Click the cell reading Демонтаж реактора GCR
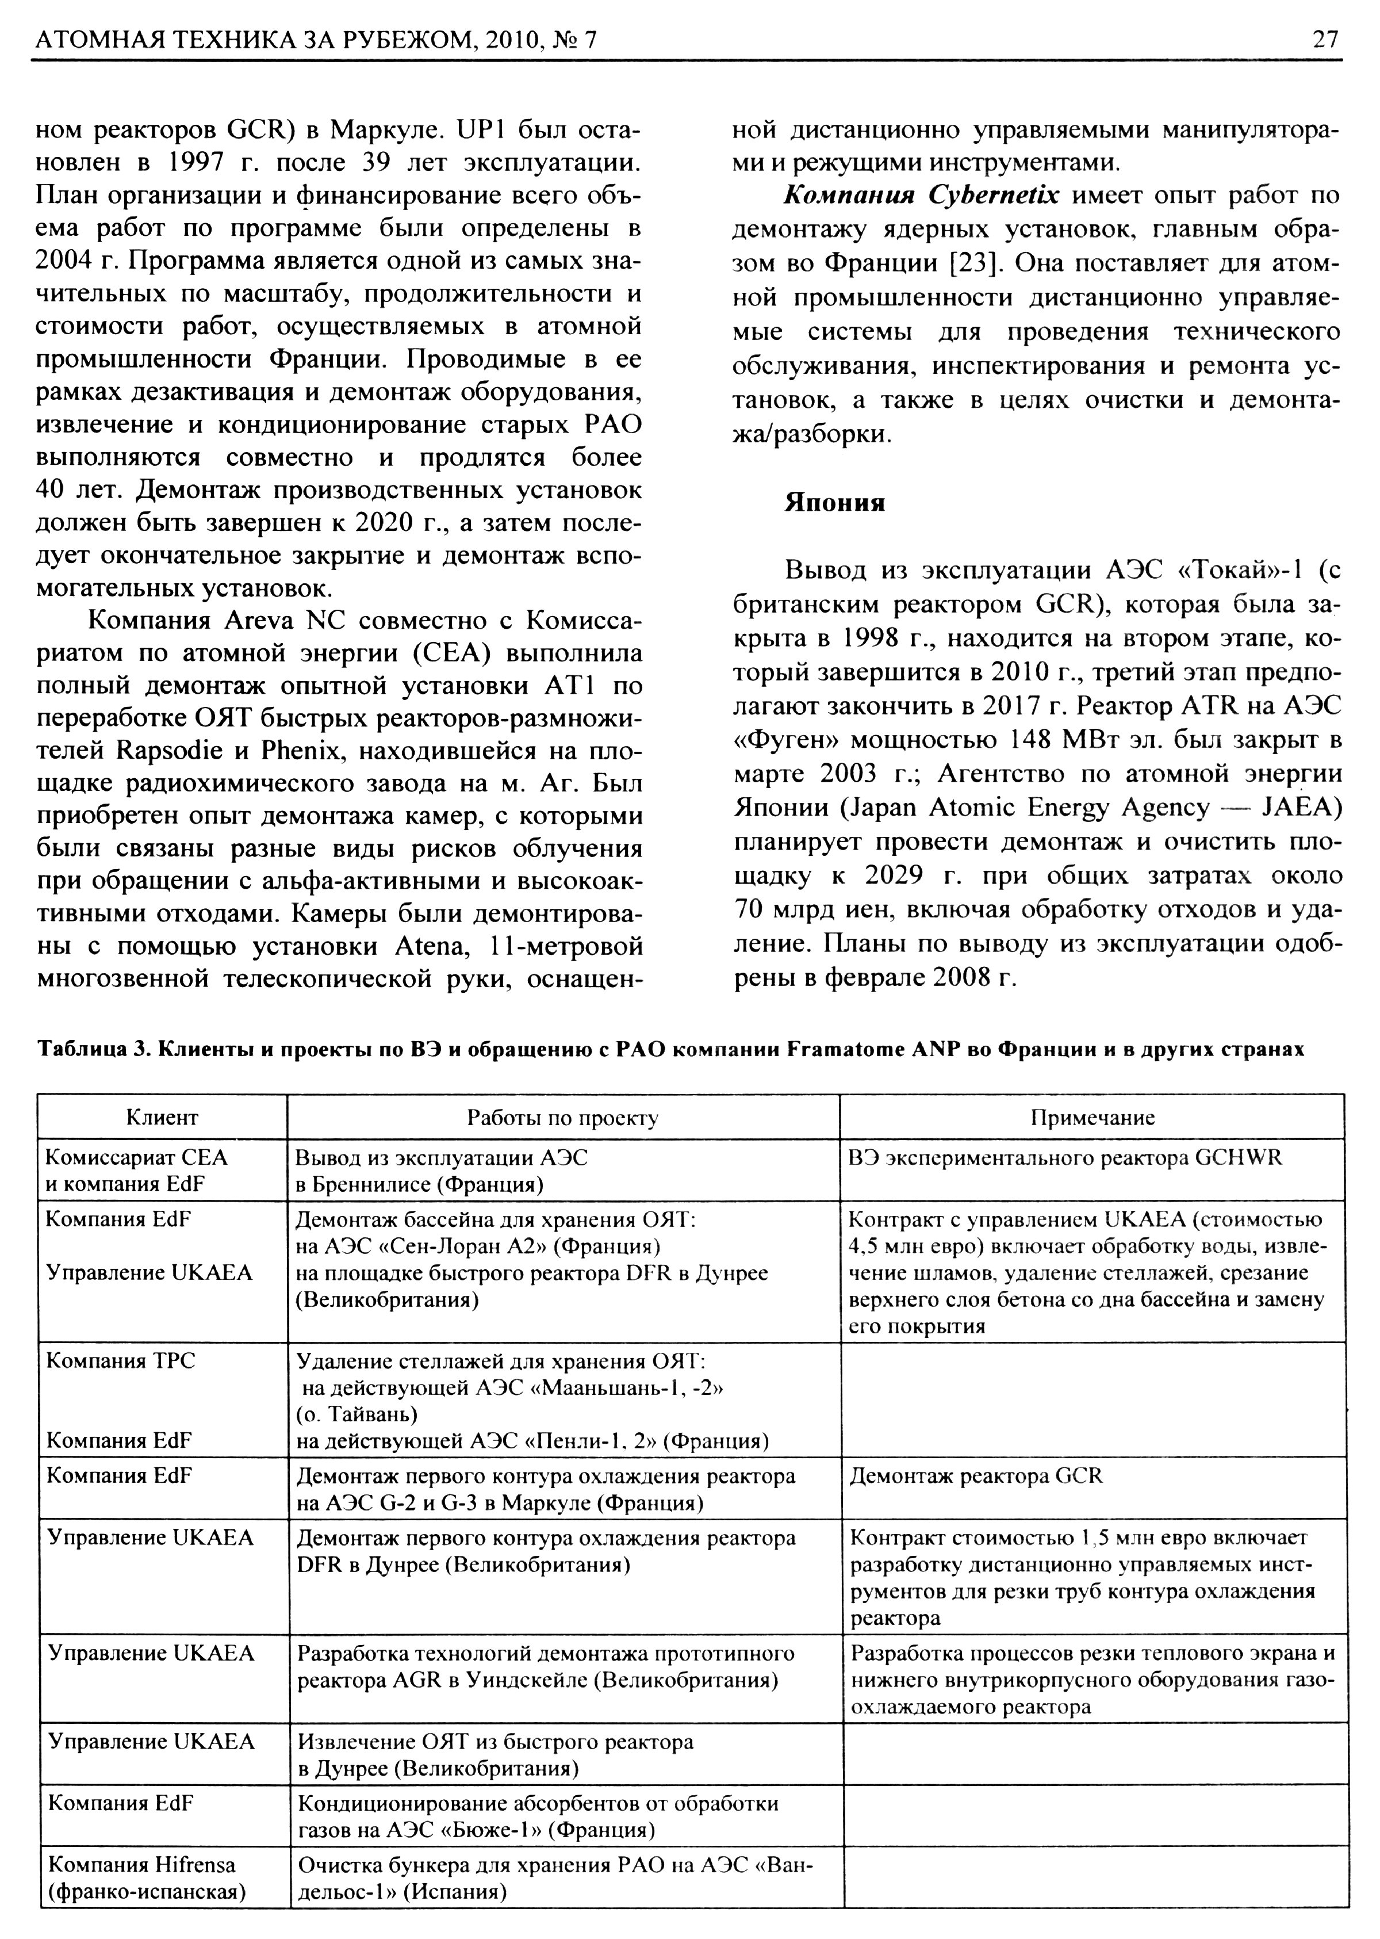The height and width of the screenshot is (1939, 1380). (x=976, y=1477)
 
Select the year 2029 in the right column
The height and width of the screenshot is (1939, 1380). (x=902, y=875)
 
